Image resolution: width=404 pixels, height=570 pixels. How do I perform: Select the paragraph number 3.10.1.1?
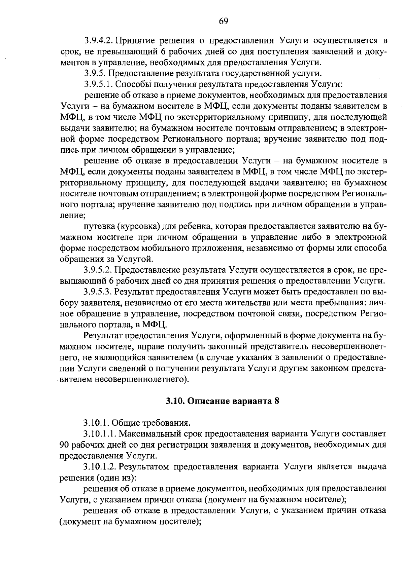pyautogui.click(x=101, y=433)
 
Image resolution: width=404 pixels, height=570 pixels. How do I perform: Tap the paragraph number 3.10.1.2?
pyautogui.click(x=101, y=466)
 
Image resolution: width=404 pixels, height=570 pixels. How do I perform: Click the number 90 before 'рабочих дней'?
pyautogui.click(x=64, y=445)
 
